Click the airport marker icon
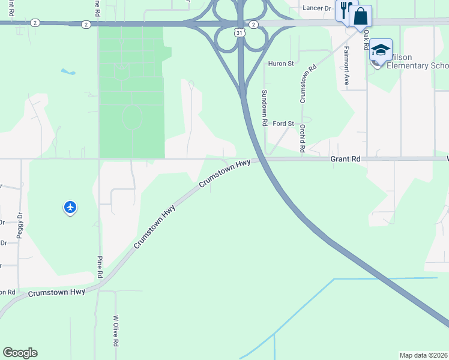click(70, 208)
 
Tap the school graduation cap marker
click(381, 50)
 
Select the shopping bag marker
click(360, 16)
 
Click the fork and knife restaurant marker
click(345, 11)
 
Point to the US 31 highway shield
click(240, 33)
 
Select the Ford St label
click(283, 124)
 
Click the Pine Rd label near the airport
click(100, 267)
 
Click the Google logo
click(20, 353)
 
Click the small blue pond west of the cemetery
click(67, 72)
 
